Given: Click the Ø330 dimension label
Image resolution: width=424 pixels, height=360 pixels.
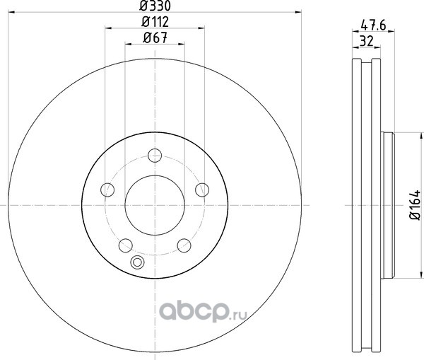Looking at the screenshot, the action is tap(155, 6).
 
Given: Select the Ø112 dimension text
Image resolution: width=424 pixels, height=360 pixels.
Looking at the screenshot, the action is tap(155, 22).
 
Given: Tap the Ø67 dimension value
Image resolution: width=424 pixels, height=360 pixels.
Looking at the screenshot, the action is tap(155, 37).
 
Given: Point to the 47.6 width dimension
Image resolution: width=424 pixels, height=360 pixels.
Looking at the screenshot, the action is tap(373, 25).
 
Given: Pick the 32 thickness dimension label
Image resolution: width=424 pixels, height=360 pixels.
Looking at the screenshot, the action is tap(366, 42).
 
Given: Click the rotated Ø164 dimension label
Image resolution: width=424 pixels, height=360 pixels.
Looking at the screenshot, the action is tap(416, 205).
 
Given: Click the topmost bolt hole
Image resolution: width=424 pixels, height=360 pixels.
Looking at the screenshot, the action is tap(155, 156).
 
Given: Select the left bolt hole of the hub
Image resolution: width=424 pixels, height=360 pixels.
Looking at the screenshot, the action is tap(107, 190).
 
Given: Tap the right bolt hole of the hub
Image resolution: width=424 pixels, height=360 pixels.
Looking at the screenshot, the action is tap(202, 190).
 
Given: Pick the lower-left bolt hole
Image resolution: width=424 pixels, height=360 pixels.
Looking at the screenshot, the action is tap(126, 245).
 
